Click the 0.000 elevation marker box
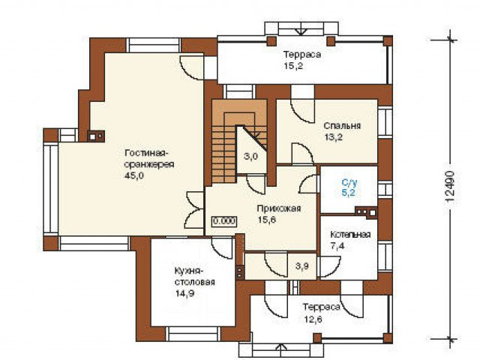(224, 220)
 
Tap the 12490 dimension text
(450, 187)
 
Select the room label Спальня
(342, 126)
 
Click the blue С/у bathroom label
(349, 183)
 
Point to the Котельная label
(350, 235)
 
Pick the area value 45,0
(134, 175)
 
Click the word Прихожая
(279, 208)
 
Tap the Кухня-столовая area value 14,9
(184, 293)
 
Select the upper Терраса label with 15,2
(302, 60)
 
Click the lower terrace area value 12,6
(313, 319)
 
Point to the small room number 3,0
(250, 157)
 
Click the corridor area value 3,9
(301, 266)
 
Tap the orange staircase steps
(224, 154)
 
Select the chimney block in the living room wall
(96, 136)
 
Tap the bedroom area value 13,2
(333, 137)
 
